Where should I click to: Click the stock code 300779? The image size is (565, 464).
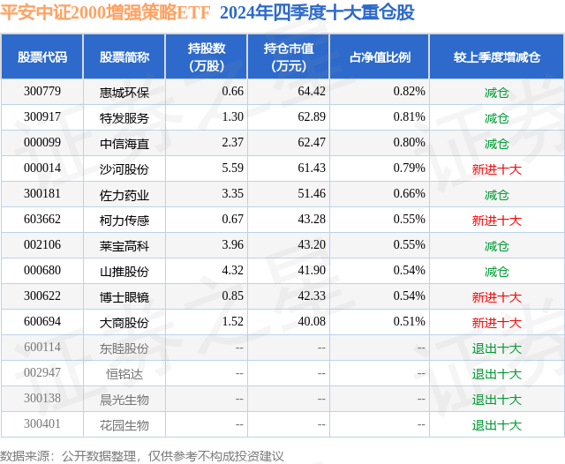pos(42,92)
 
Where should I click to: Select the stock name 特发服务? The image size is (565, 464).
pos(124,117)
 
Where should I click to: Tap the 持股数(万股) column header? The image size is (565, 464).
pos(207,57)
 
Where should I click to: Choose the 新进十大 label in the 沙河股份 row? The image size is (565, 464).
pos(496,168)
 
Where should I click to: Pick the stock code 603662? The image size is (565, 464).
pos(42,220)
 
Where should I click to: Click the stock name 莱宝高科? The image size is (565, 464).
pos(124,245)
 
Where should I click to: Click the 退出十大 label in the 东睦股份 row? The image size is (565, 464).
pos(496,348)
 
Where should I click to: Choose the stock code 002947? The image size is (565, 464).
pos(42,373)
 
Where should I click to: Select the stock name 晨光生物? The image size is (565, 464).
pos(124,399)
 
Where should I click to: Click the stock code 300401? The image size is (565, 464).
pos(42,424)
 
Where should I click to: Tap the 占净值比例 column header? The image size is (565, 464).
pos(380,57)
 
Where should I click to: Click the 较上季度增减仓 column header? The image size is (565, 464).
pos(496,57)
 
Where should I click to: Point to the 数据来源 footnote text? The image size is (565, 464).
pos(142,455)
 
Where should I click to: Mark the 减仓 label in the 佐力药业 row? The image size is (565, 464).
pos(496,194)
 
